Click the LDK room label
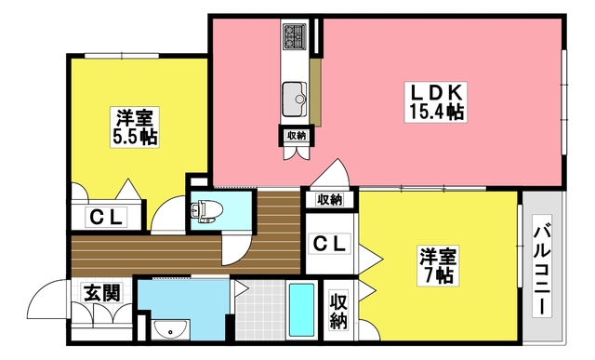tap(437, 93)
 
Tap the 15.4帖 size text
tap(437, 113)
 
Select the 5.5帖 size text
tap(137, 138)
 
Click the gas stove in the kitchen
tap(297, 38)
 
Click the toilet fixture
tap(203, 209)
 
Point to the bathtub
tap(302, 312)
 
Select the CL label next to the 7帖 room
tap(329, 245)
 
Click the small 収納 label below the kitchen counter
tap(297, 136)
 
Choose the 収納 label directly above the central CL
tap(329, 199)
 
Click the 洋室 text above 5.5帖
tap(137, 118)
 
